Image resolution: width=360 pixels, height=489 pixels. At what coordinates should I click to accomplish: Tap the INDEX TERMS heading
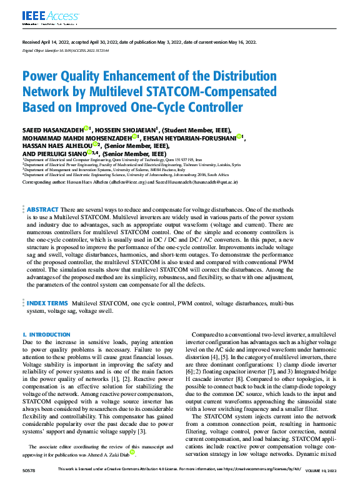coord(47,302)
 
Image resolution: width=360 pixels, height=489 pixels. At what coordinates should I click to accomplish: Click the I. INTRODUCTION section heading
coord(46,335)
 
